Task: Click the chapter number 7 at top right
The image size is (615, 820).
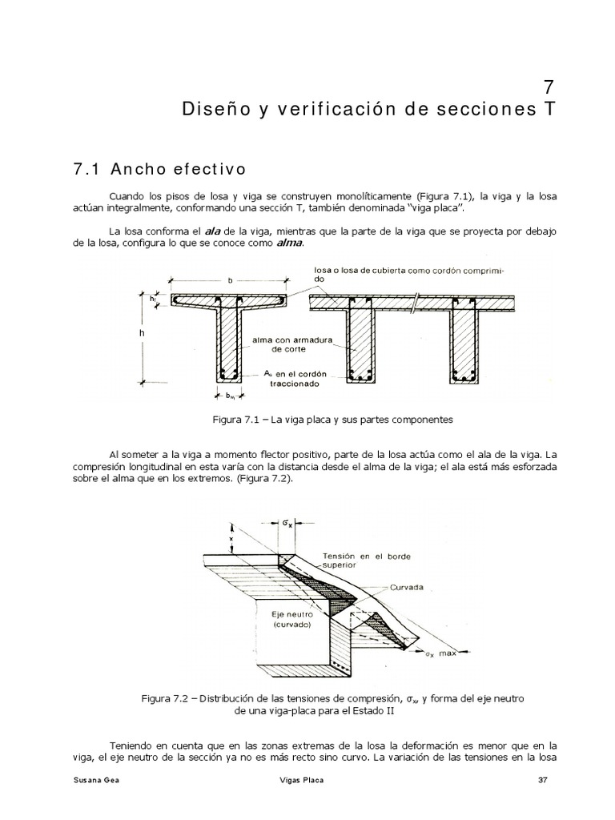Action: point(548,86)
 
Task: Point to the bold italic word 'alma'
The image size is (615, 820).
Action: point(290,243)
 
